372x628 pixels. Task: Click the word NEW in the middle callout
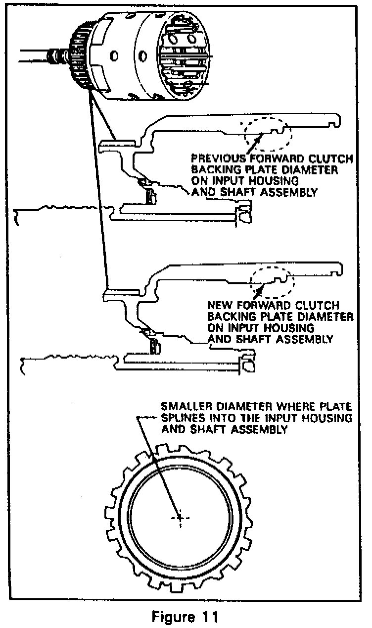point(218,306)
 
